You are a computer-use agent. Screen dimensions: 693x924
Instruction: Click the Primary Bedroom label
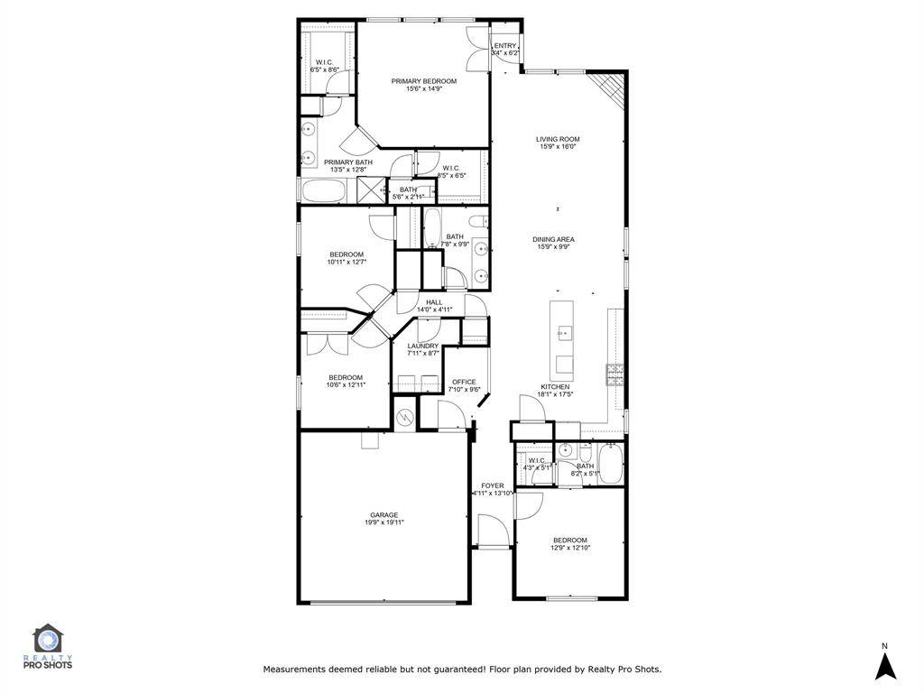point(423,81)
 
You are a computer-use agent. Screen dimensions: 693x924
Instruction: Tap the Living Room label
point(558,139)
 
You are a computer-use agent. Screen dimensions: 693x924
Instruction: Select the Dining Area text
point(554,239)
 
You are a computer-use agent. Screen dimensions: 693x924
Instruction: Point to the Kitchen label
point(555,386)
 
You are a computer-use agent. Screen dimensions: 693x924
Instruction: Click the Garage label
point(383,515)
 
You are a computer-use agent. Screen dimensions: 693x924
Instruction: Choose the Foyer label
point(493,485)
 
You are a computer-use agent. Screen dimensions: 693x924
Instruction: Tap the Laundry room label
point(422,346)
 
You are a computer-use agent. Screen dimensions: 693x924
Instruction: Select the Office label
point(464,382)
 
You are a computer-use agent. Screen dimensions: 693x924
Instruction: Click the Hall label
point(434,302)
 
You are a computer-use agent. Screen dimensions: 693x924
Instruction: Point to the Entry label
point(505,46)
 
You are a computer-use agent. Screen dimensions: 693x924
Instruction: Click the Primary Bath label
point(348,162)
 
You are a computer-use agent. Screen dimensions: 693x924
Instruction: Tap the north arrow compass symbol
point(885,663)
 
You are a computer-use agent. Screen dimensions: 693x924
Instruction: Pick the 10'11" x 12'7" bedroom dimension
point(346,263)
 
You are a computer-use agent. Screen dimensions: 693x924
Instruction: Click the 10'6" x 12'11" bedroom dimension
point(346,385)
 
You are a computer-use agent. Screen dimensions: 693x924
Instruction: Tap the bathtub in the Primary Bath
point(323,191)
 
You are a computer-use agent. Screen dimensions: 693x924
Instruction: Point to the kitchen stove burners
point(614,374)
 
